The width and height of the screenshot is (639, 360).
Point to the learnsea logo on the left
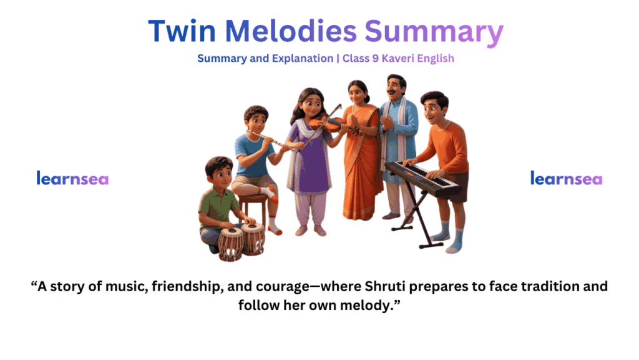72,179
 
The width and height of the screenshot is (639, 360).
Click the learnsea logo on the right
566,179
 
